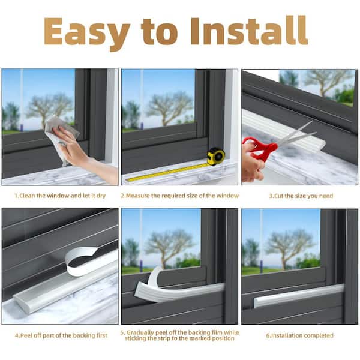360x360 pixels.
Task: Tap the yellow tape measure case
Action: coord(215,157)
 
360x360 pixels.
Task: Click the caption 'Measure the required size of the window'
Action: coord(180,196)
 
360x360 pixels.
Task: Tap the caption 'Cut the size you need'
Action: coord(300,196)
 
